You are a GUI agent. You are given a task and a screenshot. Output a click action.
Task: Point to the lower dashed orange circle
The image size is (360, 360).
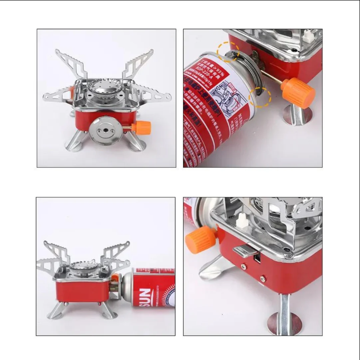260,97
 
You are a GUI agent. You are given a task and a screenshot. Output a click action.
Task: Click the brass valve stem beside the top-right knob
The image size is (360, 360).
275,81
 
